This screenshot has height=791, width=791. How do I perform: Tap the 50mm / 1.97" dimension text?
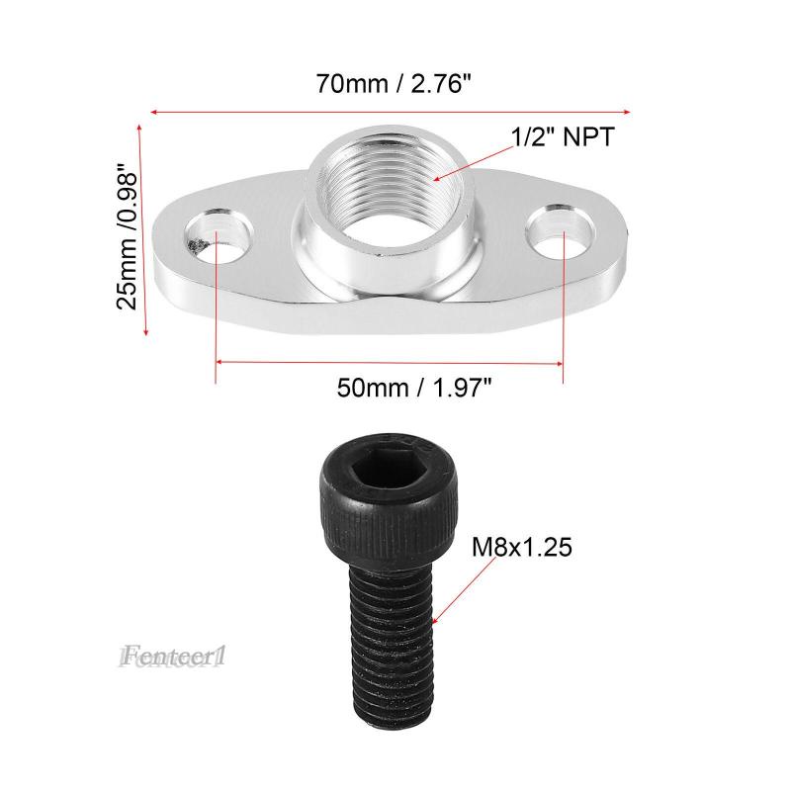pos(414,389)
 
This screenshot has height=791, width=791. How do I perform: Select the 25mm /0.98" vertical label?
pos(127,236)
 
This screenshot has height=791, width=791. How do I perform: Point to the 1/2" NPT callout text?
pos(562,137)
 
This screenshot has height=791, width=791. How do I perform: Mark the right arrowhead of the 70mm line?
pos(628,112)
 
